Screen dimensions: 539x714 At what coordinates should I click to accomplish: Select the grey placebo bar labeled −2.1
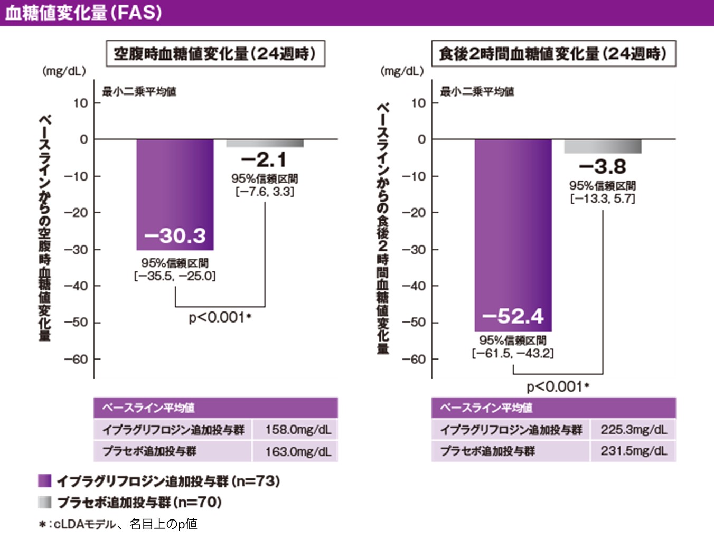265,143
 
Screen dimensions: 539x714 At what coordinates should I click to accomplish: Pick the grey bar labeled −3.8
603,146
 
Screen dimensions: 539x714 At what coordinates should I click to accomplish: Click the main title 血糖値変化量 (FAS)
83,13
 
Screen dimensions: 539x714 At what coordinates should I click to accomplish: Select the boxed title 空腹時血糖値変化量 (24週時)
215,54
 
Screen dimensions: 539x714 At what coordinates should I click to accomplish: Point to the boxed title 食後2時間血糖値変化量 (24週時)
553,54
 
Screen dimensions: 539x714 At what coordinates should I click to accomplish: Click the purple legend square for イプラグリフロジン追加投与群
45,481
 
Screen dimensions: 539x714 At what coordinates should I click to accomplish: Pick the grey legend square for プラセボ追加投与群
45,502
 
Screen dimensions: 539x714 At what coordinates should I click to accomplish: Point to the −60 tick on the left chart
76,360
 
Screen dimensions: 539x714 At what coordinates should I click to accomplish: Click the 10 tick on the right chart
418,103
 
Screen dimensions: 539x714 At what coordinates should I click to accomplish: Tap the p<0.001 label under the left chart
220,318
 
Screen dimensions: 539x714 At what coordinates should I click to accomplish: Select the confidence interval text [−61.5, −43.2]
513,354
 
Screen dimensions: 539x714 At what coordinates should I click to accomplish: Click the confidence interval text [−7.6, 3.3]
265,192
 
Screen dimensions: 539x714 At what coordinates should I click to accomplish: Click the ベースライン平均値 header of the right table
486,408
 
